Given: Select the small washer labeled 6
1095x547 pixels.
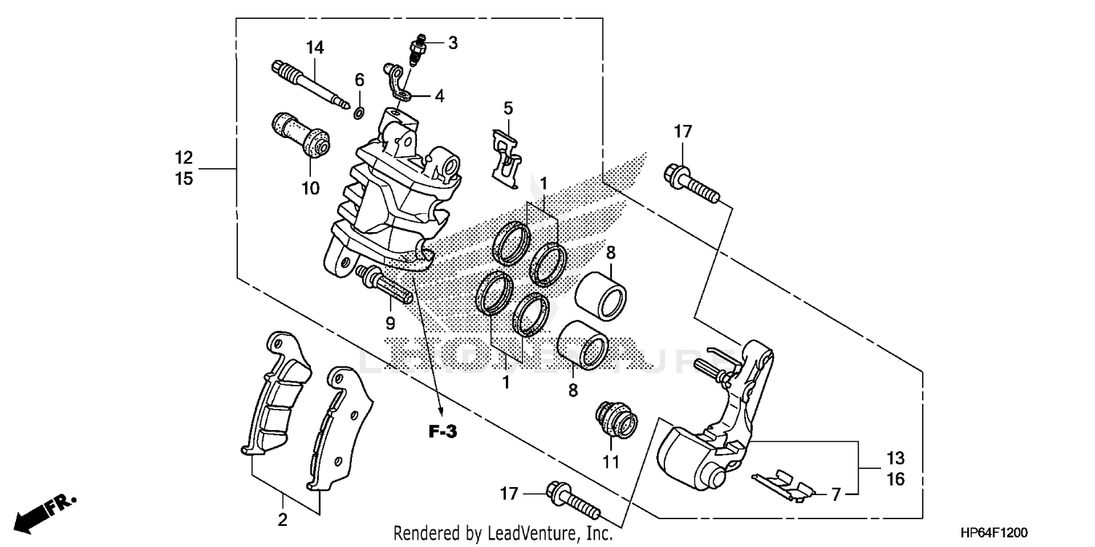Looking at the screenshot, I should tap(359, 113).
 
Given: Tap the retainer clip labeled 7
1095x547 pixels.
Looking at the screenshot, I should tap(783, 483).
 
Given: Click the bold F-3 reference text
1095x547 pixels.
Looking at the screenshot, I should tap(442, 432).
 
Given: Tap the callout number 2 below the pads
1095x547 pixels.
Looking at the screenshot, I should tap(283, 520).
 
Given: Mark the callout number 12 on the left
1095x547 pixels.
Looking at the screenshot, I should tap(184, 156).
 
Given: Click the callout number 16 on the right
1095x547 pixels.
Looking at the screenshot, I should tap(895, 479).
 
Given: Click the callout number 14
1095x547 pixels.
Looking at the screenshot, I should tap(314, 48).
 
